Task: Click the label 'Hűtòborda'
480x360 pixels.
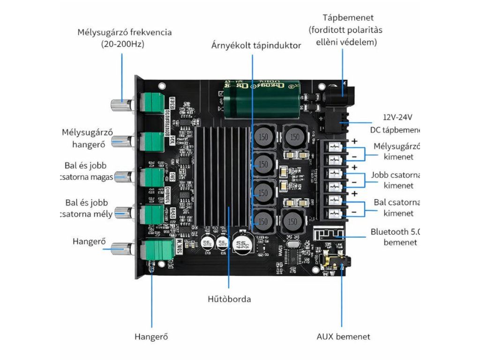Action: (x=229, y=299)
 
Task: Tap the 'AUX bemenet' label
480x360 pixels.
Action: (x=343, y=337)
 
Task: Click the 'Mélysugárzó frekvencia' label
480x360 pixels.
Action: (x=124, y=33)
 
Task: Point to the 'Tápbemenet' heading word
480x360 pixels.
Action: (x=348, y=18)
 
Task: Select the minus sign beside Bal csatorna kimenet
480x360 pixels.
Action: (x=354, y=212)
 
